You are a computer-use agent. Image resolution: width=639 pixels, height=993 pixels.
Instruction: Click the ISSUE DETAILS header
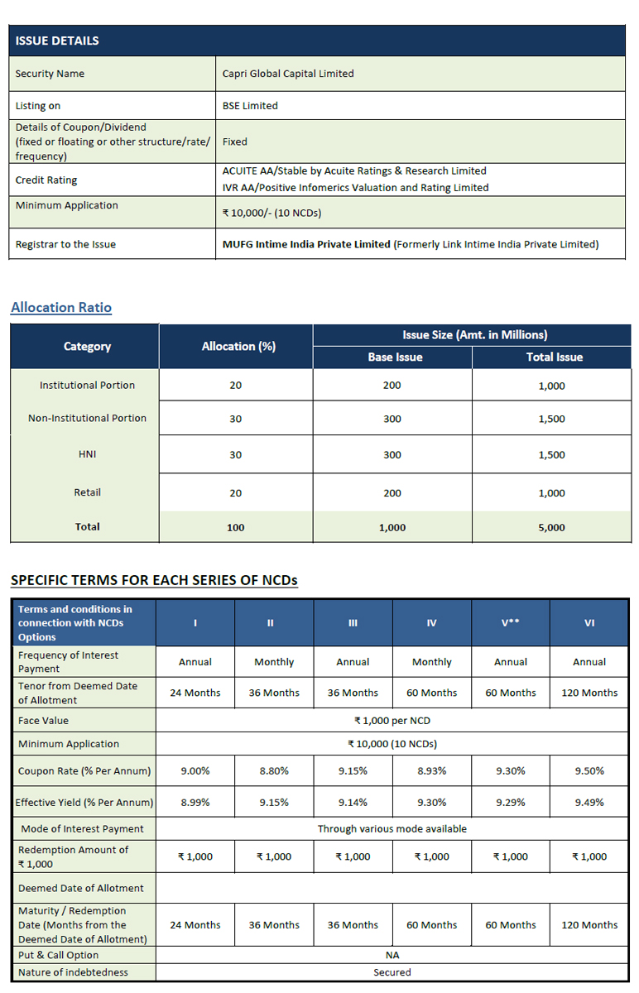(x=57, y=41)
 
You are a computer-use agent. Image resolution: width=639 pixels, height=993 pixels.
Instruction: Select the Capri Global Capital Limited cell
(x=288, y=74)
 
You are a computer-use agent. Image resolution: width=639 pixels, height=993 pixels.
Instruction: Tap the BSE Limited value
(x=250, y=106)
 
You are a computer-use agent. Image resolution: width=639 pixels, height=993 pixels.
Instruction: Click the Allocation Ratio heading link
(x=61, y=307)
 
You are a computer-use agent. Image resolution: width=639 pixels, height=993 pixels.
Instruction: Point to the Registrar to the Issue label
(x=65, y=244)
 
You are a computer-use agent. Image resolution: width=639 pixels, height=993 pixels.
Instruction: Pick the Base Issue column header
(x=395, y=357)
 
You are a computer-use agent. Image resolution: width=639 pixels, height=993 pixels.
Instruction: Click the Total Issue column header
(x=554, y=357)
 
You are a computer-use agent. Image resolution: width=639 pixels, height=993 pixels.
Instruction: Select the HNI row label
(x=87, y=454)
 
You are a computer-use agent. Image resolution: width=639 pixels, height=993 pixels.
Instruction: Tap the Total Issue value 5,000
(x=551, y=527)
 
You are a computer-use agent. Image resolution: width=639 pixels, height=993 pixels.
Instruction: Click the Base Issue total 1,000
(x=392, y=527)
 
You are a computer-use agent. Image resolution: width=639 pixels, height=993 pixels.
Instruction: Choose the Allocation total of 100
(x=235, y=527)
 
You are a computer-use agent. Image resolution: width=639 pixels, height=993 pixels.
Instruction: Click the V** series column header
(x=511, y=623)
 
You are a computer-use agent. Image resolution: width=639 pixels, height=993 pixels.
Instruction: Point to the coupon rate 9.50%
(x=589, y=770)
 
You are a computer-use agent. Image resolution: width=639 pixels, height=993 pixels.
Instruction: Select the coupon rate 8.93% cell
(x=431, y=770)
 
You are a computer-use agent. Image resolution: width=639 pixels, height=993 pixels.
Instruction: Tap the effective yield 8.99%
(x=195, y=802)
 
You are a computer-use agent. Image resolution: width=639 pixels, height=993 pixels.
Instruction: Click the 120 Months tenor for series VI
(x=589, y=693)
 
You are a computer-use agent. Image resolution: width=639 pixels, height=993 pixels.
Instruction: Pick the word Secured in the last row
(x=392, y=972)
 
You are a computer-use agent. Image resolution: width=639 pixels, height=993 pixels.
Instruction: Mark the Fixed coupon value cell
(x=235, y=142)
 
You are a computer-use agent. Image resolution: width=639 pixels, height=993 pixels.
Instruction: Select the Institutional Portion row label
(x=87, y=386)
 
